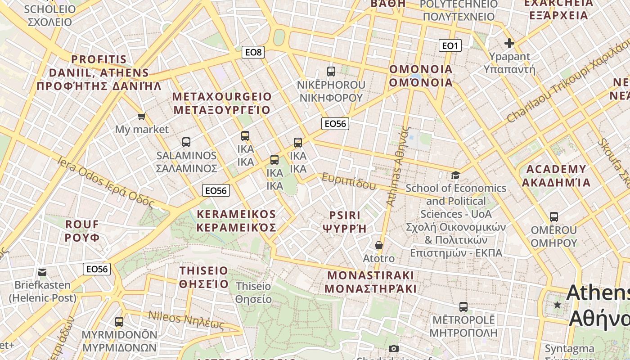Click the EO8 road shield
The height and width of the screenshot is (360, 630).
pos(253,52)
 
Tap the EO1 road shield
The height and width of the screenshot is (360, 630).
pos(450,45)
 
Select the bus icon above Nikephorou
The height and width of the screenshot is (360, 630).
pos(331,71)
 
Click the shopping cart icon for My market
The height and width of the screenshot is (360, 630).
pos(142,117)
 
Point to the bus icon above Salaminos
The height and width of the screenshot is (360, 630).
pos(186,142)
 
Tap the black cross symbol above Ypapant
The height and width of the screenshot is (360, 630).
pos(509,43)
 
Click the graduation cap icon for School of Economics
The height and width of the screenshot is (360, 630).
pos(456,175)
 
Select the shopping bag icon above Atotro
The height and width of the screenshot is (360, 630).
pos(379,245)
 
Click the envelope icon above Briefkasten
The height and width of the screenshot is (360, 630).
pos(42,272)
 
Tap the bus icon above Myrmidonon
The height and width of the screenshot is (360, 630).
pos(119,322)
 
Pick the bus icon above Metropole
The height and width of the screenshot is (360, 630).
pos(463,307)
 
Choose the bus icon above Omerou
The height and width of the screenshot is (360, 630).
pos(554,217)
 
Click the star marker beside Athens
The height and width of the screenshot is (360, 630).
pos(558,305)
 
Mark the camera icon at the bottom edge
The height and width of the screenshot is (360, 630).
pos(394,349)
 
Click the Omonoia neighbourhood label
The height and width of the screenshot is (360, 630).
pos(421,76)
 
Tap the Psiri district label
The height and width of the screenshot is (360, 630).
pos(345,221)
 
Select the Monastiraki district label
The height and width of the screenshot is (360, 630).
pos(371,282)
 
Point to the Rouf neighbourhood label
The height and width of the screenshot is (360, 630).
pos(82,230)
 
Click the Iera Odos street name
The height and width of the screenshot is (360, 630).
pos(106,182)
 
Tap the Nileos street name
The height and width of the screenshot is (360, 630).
pos(186,319)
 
